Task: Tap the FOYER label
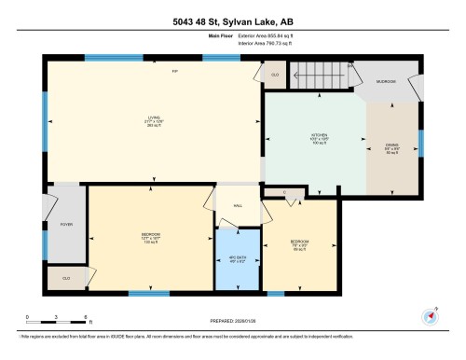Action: pos(66,223)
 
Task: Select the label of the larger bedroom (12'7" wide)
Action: pos(150,235)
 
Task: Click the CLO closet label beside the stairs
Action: pos(275,74)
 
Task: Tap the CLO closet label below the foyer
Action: pos(66,278)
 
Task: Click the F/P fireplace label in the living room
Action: pos(173,71)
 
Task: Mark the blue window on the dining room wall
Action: pos(420,143)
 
